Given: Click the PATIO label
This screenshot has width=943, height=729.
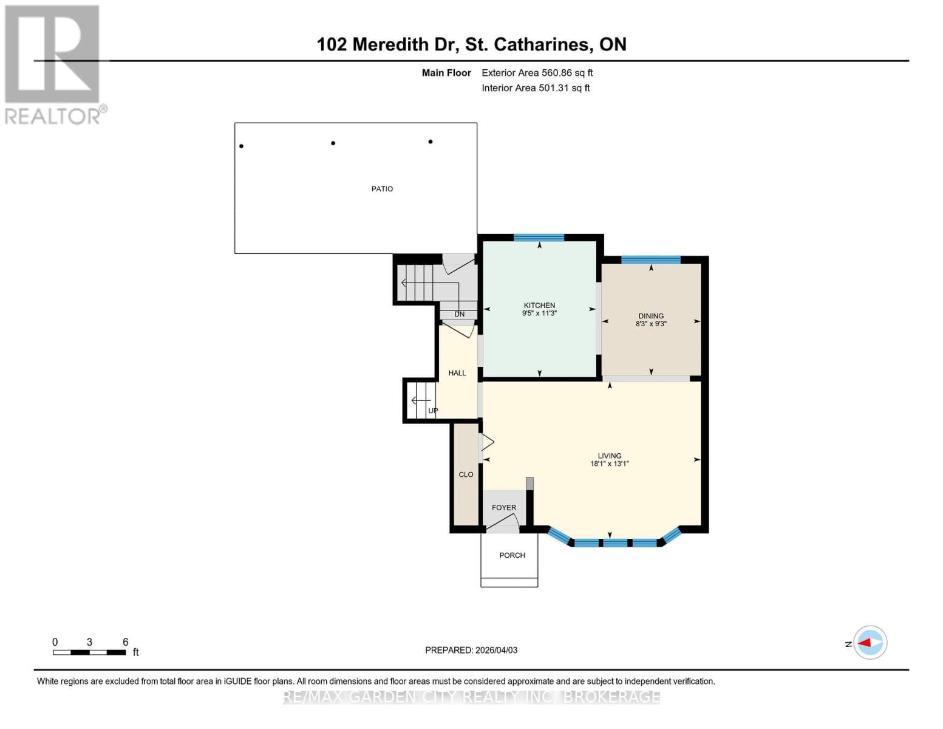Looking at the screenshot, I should pyautogui.click(x=382, y=189).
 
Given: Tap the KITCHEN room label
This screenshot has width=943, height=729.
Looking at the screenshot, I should pyautogui.click(x=539, y=306).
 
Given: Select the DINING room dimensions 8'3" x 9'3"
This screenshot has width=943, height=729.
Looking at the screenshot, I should pyautogui.click(x=651, y=324).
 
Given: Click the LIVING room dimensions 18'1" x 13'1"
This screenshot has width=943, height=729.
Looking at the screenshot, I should pyautogui.click(x=609, y=464).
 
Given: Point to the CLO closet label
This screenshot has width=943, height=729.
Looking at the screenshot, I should pyautogui.click(x=466, y=474).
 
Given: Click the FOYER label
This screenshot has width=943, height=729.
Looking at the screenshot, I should pyautogui.click(x=504, y=507).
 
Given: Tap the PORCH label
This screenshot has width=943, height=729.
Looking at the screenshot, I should pyautogui.click(x=512, y=555).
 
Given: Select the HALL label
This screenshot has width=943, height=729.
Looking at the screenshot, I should pyautogui.click(x=457, y=373).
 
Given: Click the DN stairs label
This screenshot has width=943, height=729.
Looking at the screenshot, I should pyautogui.click(x=460, y=314).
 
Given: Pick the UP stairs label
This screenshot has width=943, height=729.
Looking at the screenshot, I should pyautogui.click(x=433, y=411).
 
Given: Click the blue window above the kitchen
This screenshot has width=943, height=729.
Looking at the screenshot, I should pyautogui.click(x=539, y=238).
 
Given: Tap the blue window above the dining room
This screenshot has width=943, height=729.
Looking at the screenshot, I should pyautogui.click(x=650, y=260).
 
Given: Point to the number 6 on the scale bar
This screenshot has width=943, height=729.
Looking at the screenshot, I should pyautogui.click(x=126, y=642).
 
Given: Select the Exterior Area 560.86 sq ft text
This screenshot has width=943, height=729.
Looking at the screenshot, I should pyautogui.click(x=537, y=73).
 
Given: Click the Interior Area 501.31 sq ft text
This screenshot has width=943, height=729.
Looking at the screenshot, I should pyautogui.click(x=536, y=88).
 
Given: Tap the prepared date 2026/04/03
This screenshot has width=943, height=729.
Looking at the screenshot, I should pyautogui.click(x=496, y=650).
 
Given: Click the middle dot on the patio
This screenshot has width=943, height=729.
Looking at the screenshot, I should pyautogui.click(x=333, y=143).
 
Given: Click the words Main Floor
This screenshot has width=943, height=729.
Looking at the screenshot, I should pyautogui.click(x=446, y=73).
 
